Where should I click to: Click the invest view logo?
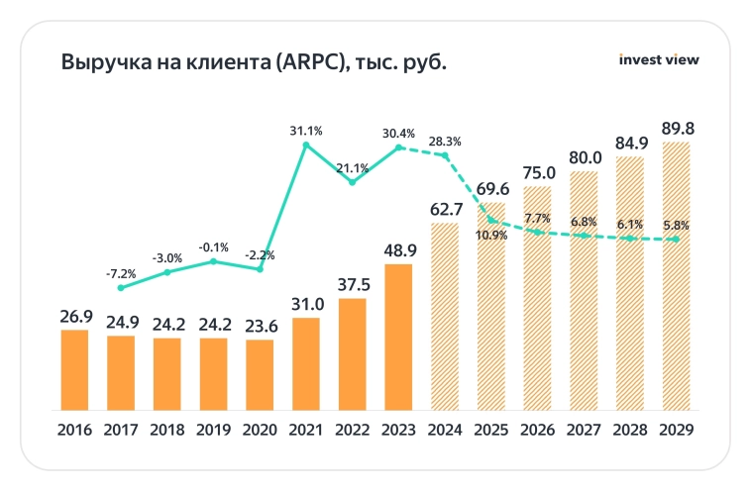658,59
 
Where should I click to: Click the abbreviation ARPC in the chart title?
314,62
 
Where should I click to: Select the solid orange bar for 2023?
398,337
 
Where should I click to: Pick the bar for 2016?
74,369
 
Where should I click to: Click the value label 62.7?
445,209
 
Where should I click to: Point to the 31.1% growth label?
306,131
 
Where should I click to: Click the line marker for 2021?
306,146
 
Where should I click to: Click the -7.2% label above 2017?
121,272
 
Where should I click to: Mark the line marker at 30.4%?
398,148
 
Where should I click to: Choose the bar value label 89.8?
677,128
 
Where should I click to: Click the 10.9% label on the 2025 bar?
491,236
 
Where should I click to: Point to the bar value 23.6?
260,325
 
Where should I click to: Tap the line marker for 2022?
352,182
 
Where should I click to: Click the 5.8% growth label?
677,225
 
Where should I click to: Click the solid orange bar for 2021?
306,363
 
